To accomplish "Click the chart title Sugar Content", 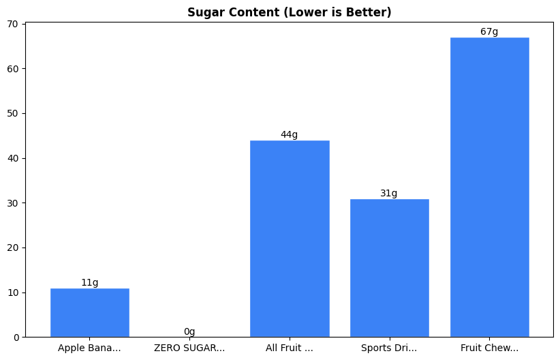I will [289, 12].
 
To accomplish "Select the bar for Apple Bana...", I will [90, 312].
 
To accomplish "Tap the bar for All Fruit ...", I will [290, 239].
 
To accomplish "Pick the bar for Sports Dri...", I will [389, 268].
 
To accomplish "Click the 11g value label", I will [90, 282].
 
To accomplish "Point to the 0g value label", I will [189, 332].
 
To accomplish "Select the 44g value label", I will [290, 134].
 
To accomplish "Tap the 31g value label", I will [389, 193].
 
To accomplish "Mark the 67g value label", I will [489, 31].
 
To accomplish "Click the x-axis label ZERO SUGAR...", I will [189, 348].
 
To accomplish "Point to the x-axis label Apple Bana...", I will [90, 348].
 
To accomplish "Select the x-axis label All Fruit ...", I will [290, 348].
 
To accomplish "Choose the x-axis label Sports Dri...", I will [389, 348].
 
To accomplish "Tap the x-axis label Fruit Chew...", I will [489, 348].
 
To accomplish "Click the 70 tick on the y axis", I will [14, 24].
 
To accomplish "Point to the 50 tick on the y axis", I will [14, 113].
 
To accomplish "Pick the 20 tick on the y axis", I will [14, 247].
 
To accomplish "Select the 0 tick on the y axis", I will [16, 337].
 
